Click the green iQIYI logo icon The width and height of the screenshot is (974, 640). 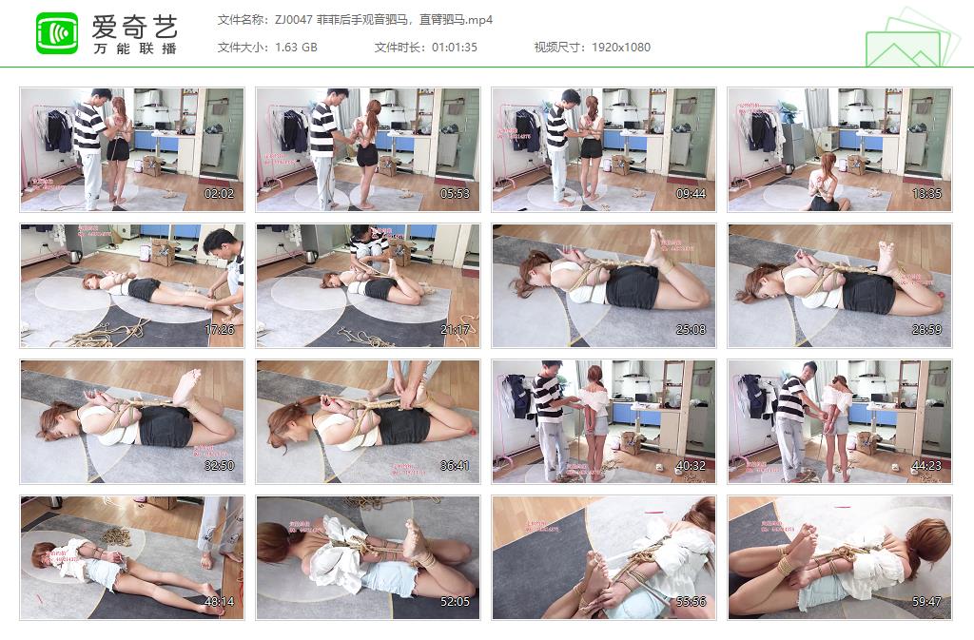pos(57,33)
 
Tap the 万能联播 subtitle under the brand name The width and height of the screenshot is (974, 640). pos(135,48)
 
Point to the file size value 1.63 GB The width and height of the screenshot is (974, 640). pos(296,47)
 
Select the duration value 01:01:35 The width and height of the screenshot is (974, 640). pos(455,47)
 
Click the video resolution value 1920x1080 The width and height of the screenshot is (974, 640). pos(621,47)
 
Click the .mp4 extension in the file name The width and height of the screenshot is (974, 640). pos(478,19)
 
